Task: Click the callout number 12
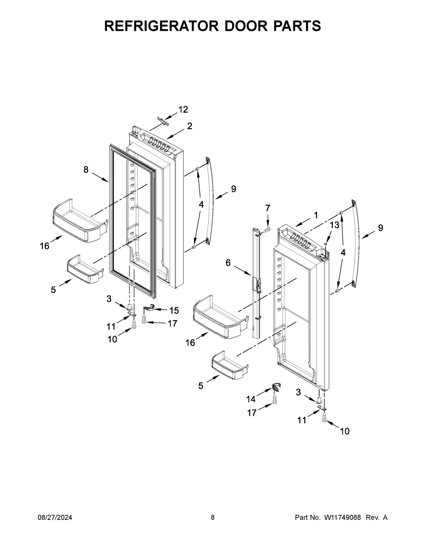pos(183,110)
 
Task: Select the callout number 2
pos(190,126)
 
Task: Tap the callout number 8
pos(86,170)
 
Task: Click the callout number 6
pos(228,262)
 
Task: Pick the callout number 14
pos(251,399)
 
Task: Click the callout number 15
pos(174,311)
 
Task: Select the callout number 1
pos(316,215)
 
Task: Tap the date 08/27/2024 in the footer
pos(55,517)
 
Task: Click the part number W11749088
pos(342,517)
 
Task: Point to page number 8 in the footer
pos(212,517)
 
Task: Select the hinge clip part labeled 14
pos(276,387)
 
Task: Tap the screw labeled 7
pos(267,231)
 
